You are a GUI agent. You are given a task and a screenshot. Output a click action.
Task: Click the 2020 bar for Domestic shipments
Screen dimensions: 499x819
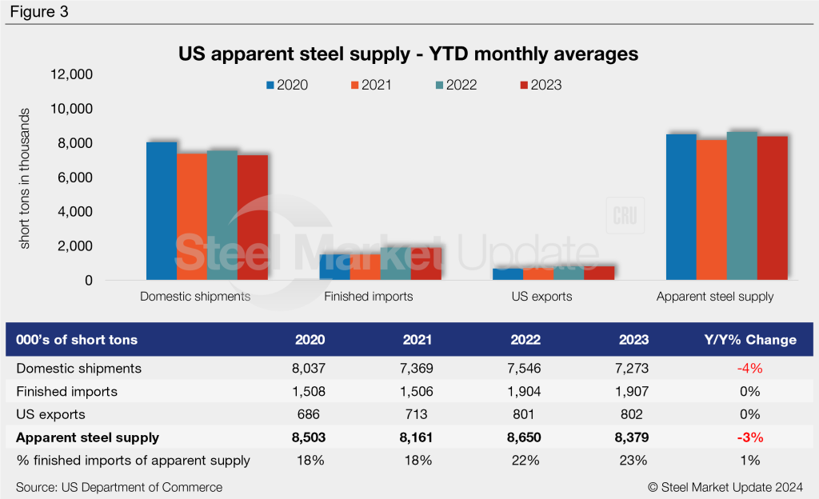(x=162, y=211)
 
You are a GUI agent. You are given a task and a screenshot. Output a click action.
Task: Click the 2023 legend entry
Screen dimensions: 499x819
(x=541, y=86)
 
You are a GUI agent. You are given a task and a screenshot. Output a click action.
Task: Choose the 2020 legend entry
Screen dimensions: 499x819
(x=286, y=86)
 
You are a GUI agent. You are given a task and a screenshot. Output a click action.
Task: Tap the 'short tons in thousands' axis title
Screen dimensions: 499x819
(x=25, y=178)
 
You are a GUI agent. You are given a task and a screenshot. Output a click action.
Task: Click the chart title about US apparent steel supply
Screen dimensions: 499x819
(x=408, y=54)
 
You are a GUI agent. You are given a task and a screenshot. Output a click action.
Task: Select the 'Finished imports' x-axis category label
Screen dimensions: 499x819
(x=369, y=297)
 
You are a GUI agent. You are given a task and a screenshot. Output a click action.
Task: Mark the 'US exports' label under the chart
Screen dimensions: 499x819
(x=543, y=297)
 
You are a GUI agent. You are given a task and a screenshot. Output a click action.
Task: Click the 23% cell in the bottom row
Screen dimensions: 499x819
(x=633, y=461)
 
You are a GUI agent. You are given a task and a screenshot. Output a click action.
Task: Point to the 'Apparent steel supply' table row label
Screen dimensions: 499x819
(x=86, y=437)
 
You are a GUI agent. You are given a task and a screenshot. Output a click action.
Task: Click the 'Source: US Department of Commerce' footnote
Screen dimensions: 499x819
(x=119, y=487)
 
